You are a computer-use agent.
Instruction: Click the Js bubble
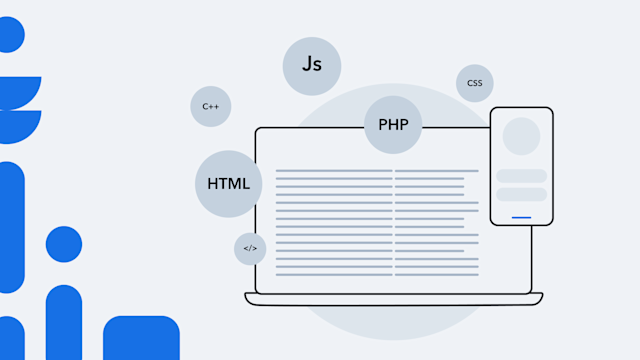coord(312,66)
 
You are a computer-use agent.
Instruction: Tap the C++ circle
coord(210,106)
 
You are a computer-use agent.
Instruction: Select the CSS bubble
coord(474,83)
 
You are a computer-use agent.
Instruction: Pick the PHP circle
coord(393,125)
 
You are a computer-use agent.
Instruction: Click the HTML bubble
coord(229,184)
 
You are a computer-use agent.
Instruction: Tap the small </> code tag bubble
coord(250,248)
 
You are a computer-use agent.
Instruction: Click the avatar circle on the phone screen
coord(521,137)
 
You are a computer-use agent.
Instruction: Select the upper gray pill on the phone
coord(521,176)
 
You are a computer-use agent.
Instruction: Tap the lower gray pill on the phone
coord(521,194)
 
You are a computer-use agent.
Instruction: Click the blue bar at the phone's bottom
coord(521,217)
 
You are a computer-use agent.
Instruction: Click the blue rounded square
coord(141,338)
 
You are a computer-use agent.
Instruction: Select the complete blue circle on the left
coord(64,244)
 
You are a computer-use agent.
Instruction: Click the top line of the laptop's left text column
coord(333,171)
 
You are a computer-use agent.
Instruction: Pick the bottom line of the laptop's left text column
coord(333,274)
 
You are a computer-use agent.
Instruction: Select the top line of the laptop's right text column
coord(436,171)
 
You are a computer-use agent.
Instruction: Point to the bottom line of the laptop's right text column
coord(436,274)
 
